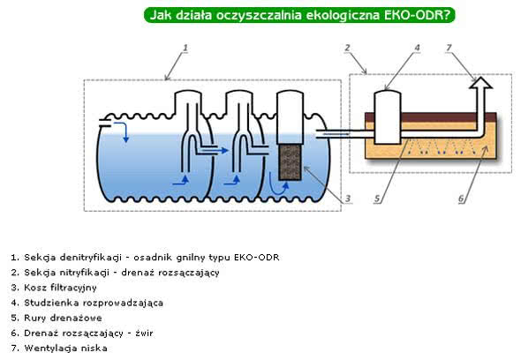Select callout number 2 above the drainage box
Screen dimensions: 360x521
[348, 48]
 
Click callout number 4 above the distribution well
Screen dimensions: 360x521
[416, 48]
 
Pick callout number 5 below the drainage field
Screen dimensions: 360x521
[376, 198]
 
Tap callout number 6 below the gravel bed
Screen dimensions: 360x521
[460, 198]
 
